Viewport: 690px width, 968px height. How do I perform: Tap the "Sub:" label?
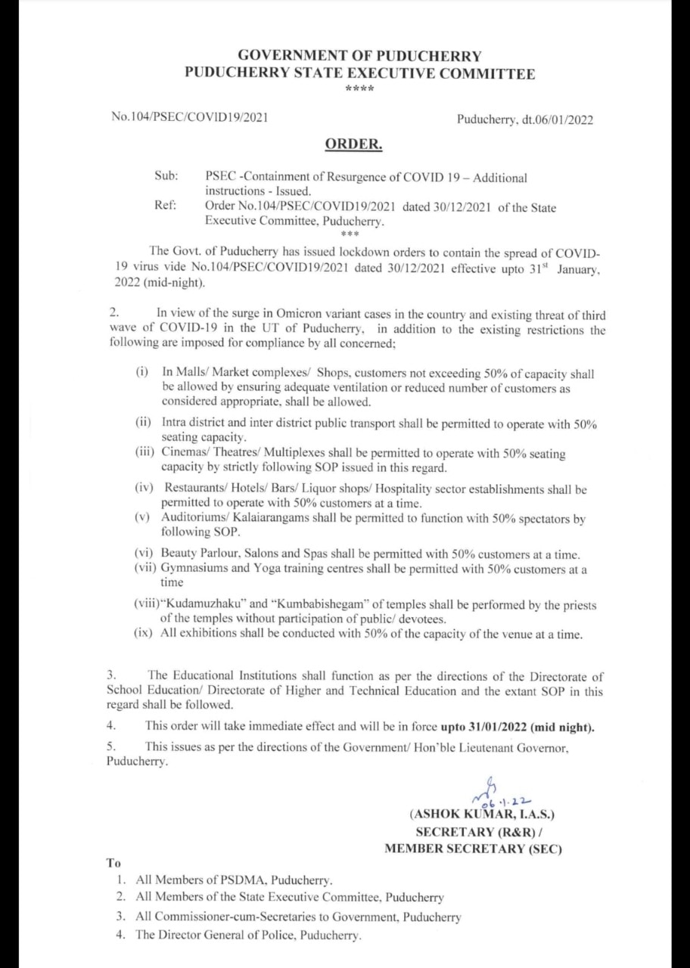click(x=166, y=176)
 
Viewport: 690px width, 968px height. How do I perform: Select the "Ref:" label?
click(x=165, y=206)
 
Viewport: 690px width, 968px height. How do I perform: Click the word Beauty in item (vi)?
click(x=177, y=554)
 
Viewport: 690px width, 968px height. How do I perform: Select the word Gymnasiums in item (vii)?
click(x=194, y=569)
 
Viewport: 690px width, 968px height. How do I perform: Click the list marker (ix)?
click(x=145, y=634)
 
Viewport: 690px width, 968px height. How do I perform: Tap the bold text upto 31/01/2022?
click(x=483, y=728)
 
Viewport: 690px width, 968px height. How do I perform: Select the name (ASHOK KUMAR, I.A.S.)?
click(x=482, y=815)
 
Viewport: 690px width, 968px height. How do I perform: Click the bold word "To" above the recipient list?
click(x=113, y=862)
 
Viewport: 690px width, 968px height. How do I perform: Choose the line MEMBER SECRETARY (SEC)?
click(x=473, y=849)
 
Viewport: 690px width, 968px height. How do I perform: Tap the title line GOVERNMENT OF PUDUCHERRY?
click(x=359, y=56)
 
